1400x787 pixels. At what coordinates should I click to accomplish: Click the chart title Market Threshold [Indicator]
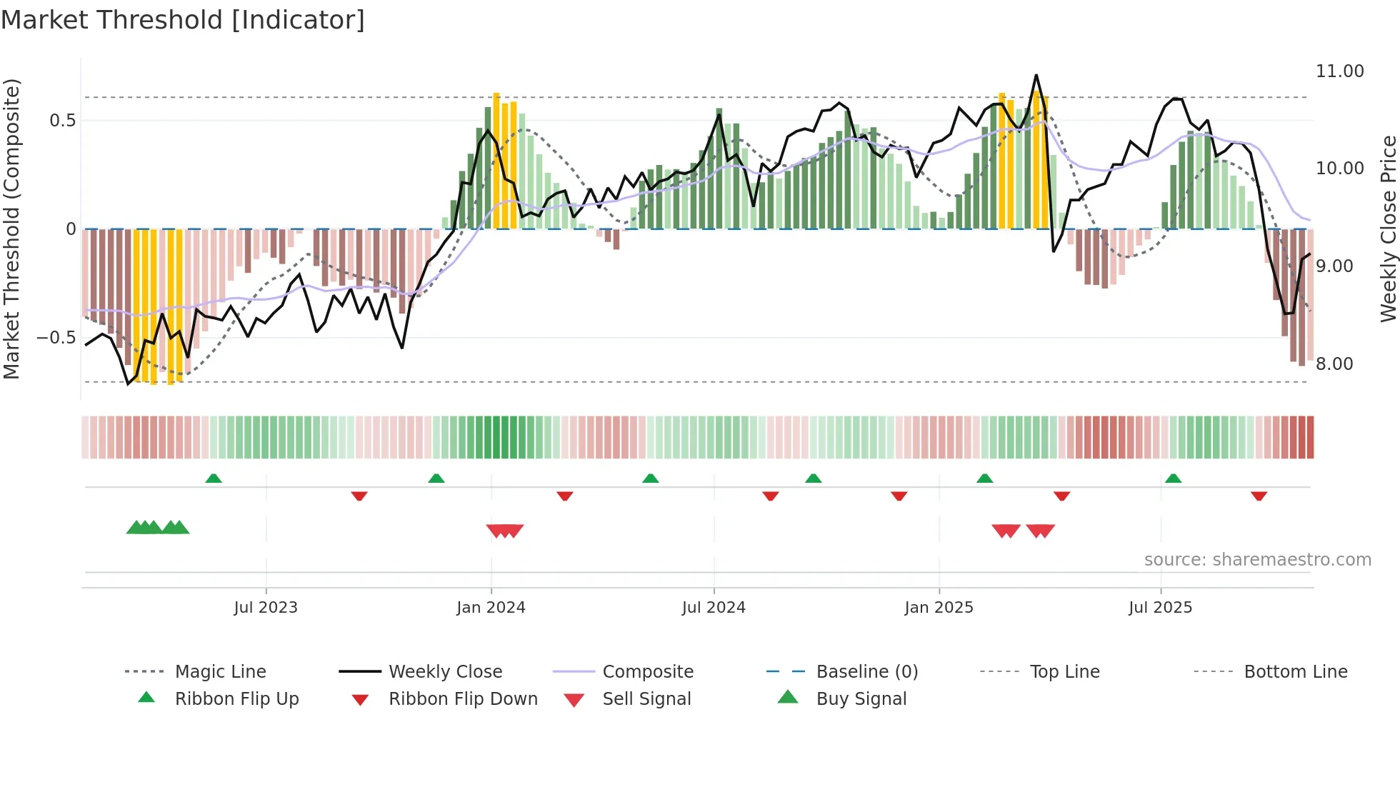coord(183,20)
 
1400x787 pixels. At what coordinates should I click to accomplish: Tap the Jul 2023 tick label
coord(266,608)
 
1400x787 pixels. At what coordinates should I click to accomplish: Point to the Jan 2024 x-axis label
coord(491,608)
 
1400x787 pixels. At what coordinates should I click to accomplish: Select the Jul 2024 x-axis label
coord(714,608)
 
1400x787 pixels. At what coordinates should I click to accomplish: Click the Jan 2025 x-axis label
coord(939,608)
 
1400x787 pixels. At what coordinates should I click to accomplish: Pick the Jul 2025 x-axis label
coord(1161,608)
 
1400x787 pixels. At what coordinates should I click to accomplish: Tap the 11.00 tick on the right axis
coord(1339,71)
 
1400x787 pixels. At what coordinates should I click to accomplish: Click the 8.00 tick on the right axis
coord(1334,364)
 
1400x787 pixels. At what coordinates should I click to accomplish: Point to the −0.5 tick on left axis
coord(56,338)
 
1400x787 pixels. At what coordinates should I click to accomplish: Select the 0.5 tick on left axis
coord(62,121)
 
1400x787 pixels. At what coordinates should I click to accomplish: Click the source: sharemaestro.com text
coord(1257,560)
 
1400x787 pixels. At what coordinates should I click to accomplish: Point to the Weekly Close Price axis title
coord(1388,229)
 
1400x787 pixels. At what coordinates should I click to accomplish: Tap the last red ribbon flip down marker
coord(1259,496)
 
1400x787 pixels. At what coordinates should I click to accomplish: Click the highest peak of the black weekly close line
coord(1036,75)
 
